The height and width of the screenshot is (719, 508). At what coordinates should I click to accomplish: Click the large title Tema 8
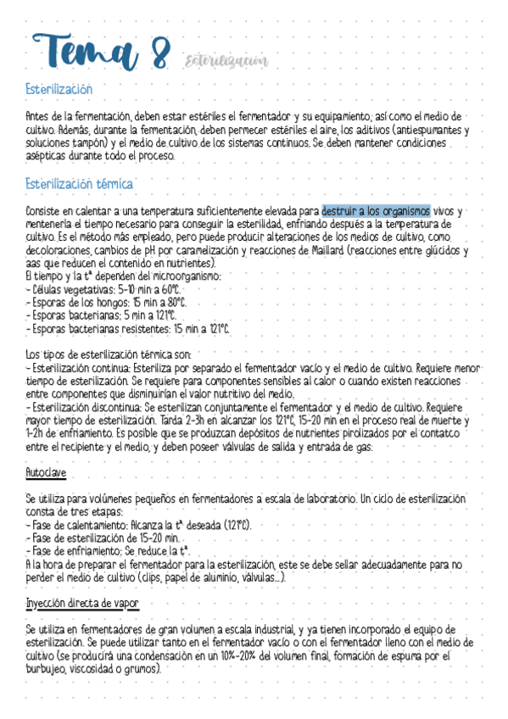tap(98, 53)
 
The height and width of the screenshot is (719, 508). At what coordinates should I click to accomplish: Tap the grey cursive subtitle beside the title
tap(226, 60)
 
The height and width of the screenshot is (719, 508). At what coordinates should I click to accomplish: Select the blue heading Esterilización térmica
tap(79, 183)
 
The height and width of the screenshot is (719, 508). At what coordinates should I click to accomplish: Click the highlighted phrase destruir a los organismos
tap(376, 210)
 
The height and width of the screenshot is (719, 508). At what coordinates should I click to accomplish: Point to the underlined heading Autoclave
tap(47, 471)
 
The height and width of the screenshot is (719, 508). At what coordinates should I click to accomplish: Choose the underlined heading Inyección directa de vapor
tap(83, 602)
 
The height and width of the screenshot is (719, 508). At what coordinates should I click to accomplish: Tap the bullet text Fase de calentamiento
tap(75, 525)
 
